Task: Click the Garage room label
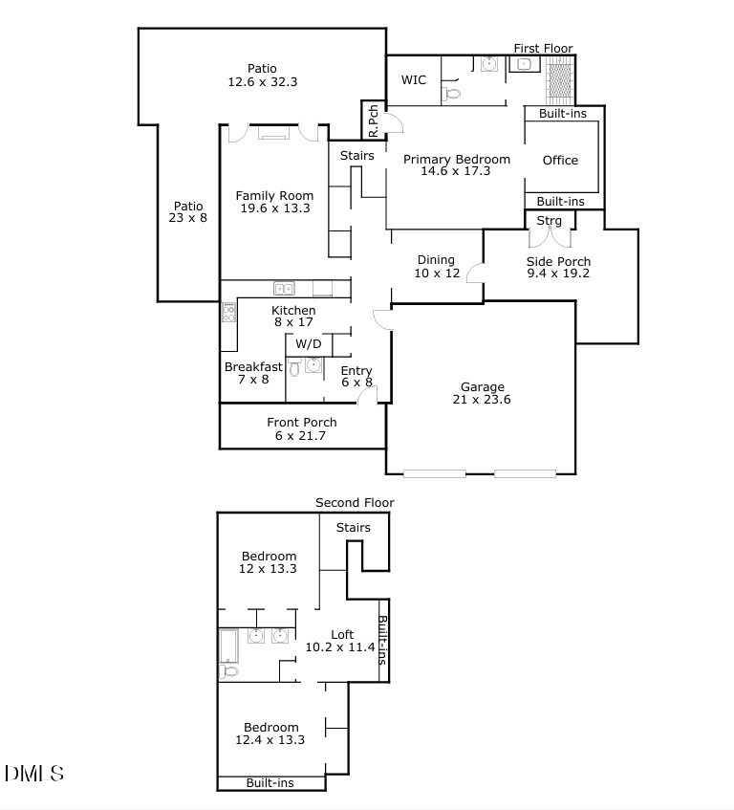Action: click(x=482, y=387)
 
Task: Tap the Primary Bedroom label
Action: click(x=456, y=160)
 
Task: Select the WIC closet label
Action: click(x=413, y=80)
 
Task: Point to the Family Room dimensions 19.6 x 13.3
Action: click(x=274, y=208)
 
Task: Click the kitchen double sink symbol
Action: click(x=284, y=288)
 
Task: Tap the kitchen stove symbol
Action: click(x=228, y=312)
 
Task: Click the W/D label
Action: click(x=308, y=344)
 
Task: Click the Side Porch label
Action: click(x=559, y=261)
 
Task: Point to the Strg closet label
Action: click(x=549, y=222)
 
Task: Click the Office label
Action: click(x=560, y=161)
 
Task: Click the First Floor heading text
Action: click(x=543, y=49)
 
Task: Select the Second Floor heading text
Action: click(x=355, y=503)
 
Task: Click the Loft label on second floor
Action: click(x=342, y=635)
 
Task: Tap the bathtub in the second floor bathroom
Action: click(x=230, y=646)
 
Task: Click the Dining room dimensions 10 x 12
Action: click(x=438, y=274)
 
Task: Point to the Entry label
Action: click(x=356, y=371)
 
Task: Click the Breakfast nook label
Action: click(x=253, y=367)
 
